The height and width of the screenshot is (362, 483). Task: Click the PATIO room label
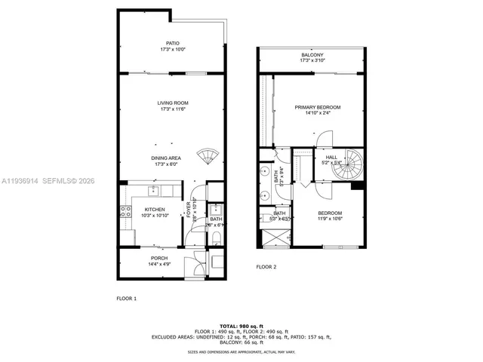click(x=172, y=44)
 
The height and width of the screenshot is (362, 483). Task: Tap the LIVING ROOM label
click(x=172, y=103)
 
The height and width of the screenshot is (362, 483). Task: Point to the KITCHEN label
click(x=155, y=210)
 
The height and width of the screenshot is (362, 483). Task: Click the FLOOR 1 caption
click(x=126, y=299)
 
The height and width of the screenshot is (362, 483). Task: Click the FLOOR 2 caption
click(x=266, y=267)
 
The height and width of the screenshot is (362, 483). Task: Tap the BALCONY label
click(x=312, y=55)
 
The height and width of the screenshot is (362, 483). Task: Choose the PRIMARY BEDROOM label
click(x=317, y=108)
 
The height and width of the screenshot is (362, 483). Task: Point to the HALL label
click(x=331, y=157)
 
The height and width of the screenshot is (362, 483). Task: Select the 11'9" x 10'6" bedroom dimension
click(x=329, y=219)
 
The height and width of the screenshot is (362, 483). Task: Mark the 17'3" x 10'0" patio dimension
click(x=172, y=50)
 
